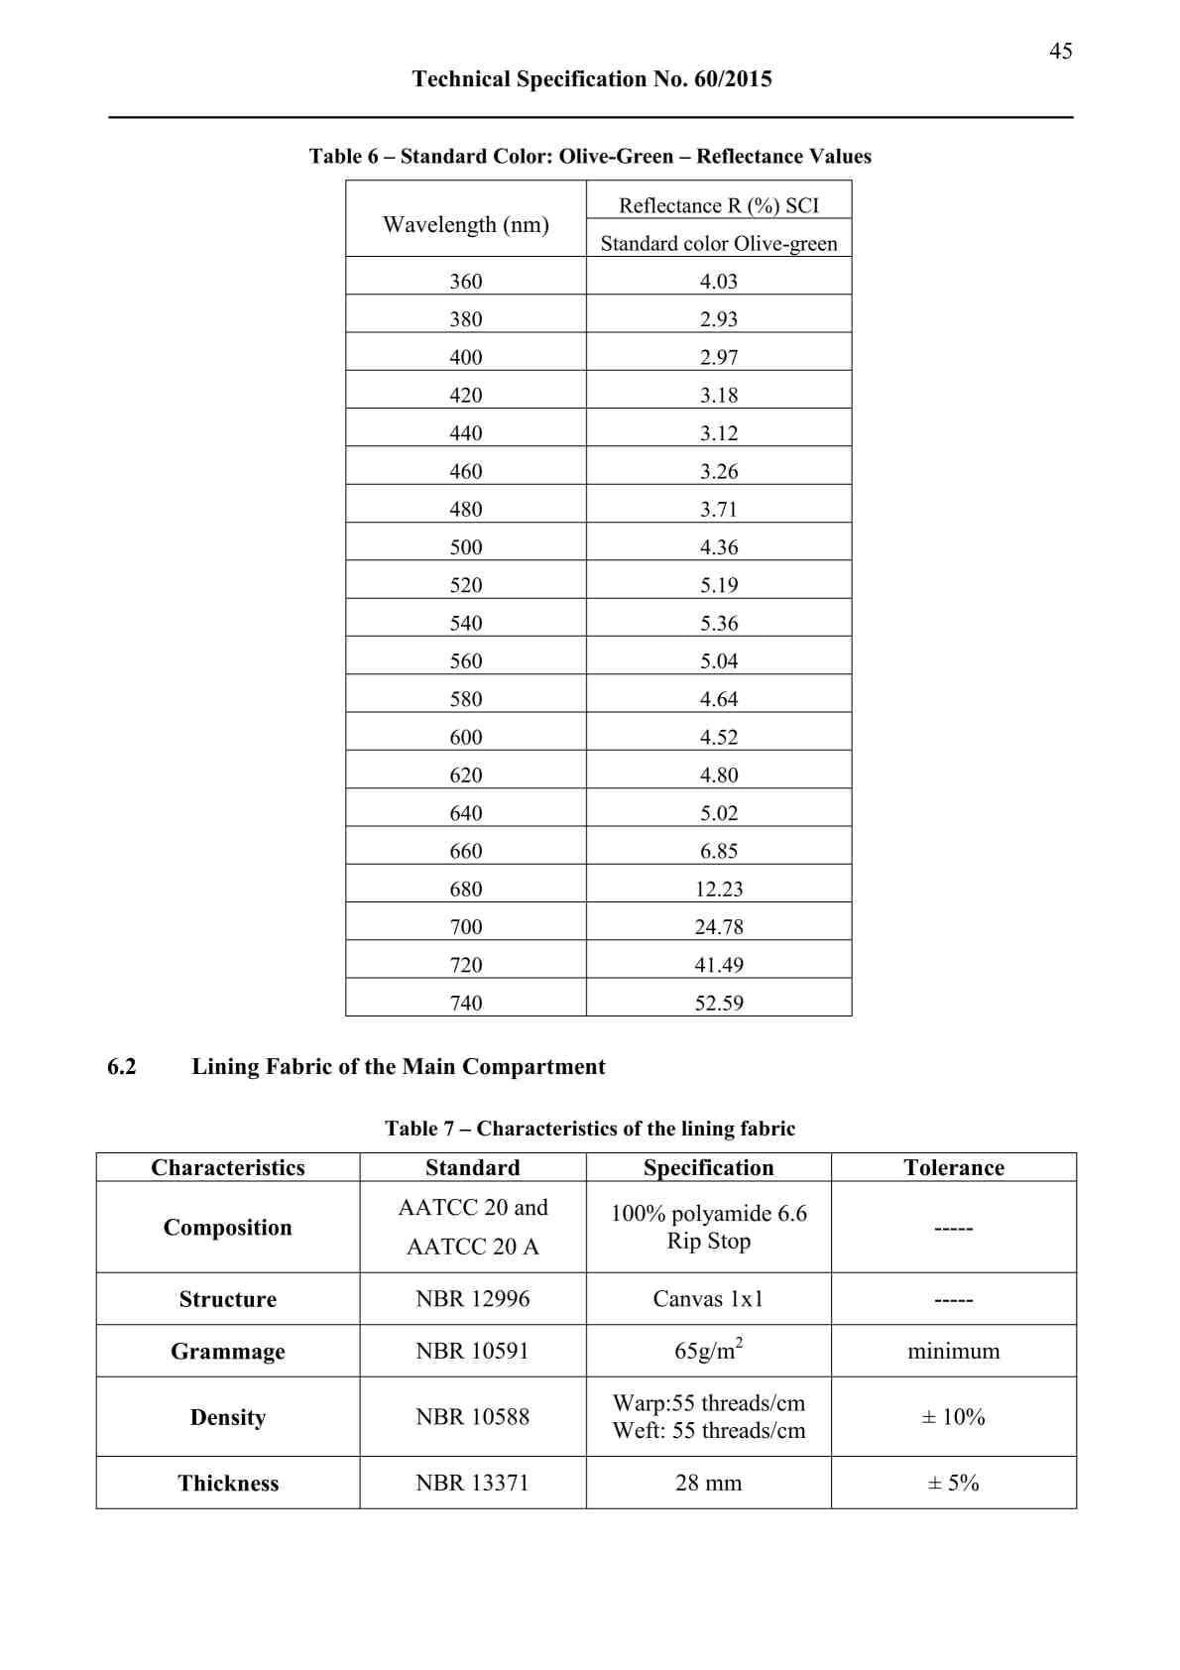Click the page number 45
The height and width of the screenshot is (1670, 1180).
1060,51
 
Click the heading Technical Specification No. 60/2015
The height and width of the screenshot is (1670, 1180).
592,79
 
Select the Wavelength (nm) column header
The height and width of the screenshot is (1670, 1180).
466,225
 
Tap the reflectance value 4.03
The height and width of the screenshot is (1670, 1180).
719,282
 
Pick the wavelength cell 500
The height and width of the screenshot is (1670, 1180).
466,547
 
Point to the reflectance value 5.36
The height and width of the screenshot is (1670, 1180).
719,624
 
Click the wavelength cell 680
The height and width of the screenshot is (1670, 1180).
466,890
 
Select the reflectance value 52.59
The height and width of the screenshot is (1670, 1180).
719,1004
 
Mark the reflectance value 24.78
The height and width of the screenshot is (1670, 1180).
719,927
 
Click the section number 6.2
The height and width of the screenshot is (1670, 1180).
122,1067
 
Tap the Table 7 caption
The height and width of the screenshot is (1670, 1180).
590,1129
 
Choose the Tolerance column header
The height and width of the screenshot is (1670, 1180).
954,1168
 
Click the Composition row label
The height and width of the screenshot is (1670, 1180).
228,1228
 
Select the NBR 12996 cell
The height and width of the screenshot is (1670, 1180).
473,1299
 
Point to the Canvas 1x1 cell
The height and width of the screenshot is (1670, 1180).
708,1299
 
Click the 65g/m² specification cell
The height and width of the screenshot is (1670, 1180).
708,1351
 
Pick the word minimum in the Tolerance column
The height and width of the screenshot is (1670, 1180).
954,1352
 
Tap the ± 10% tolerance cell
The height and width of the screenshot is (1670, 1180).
954,1417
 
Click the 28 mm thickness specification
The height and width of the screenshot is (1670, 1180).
708,1484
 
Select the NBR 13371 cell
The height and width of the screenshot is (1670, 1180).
473,1484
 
